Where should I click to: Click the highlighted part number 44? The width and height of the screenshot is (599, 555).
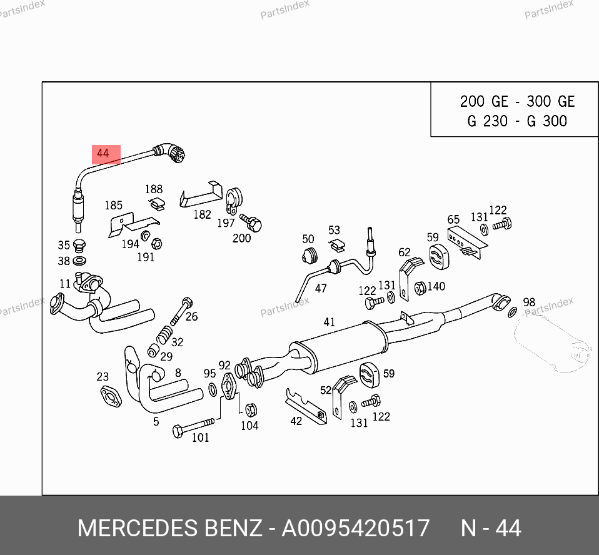pyautogui.click(x=103, y=154)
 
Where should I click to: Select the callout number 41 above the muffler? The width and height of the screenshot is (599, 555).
pyautogui.click(x=330, y=322)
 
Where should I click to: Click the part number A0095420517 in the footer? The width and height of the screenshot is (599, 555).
pyautogui.click(x=356, y=528)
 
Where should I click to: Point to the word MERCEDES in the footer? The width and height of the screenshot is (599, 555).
pyautogui.click(x=138, y=528)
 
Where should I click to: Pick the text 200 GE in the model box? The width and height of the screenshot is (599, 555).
pyautogui.click(x=484, y=102)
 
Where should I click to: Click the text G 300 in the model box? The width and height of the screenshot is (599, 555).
pyautogui.click(x=546, y=121)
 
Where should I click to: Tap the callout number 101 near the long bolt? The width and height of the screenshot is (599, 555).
pyautogui.click(x=200, y=437)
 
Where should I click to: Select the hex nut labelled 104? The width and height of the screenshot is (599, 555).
pyautogui.click(x=251, y=410)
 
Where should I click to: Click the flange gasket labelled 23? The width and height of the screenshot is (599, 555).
pyautogui.click(x=111, y=396)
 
